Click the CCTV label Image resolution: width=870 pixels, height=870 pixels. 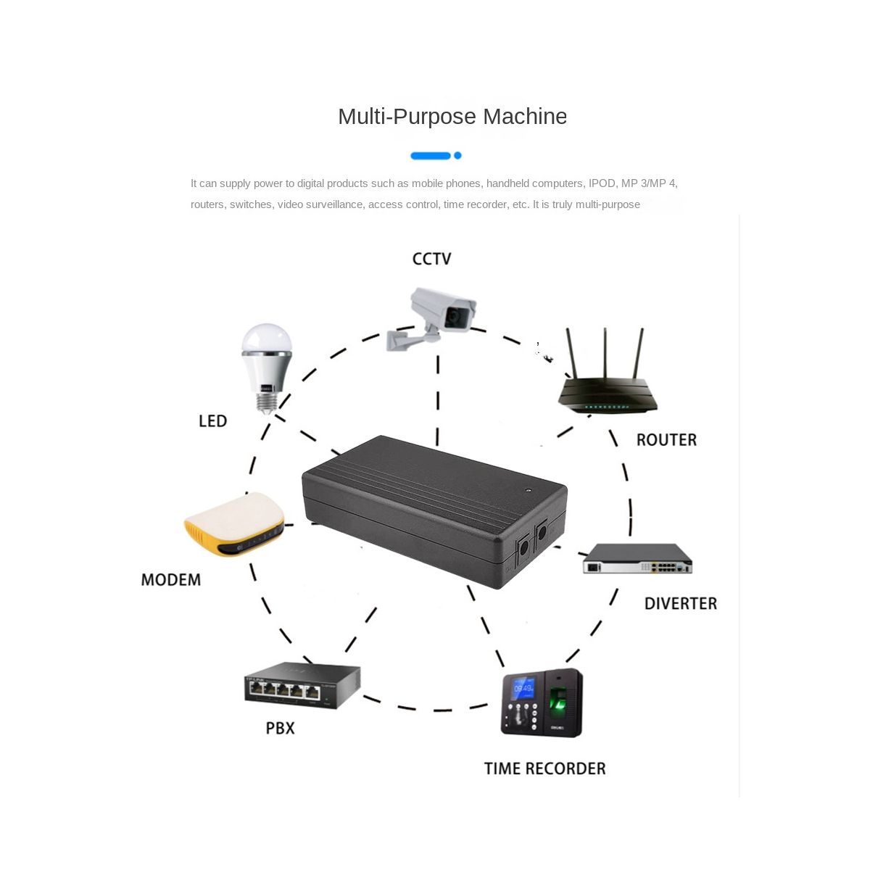click(x=431, y=259)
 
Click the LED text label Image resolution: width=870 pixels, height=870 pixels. click(x=212, y=421)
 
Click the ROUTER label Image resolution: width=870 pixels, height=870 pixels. click(x=666, y=440)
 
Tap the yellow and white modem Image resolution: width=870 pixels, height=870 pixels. click(x=234, y=523)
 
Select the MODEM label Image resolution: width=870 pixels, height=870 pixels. click(x=171, y=580)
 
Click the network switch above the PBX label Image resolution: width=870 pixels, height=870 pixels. click(x=302, y=684)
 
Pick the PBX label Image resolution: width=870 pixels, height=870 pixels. click(x=280, y=728)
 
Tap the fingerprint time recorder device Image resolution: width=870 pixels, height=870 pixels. click(x=542, y=703)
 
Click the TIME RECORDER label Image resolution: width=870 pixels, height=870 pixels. click(x=544, y=768)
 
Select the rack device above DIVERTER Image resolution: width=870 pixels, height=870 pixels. click(x=637, y=560)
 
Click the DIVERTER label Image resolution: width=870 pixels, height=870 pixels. click(x=680, y=604)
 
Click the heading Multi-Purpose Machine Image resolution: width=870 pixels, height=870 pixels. click(x=452, y=117)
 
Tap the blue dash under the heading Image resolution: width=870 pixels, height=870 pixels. click(x=431, y=156)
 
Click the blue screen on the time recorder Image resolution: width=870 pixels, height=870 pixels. click(x=523, y=687)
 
